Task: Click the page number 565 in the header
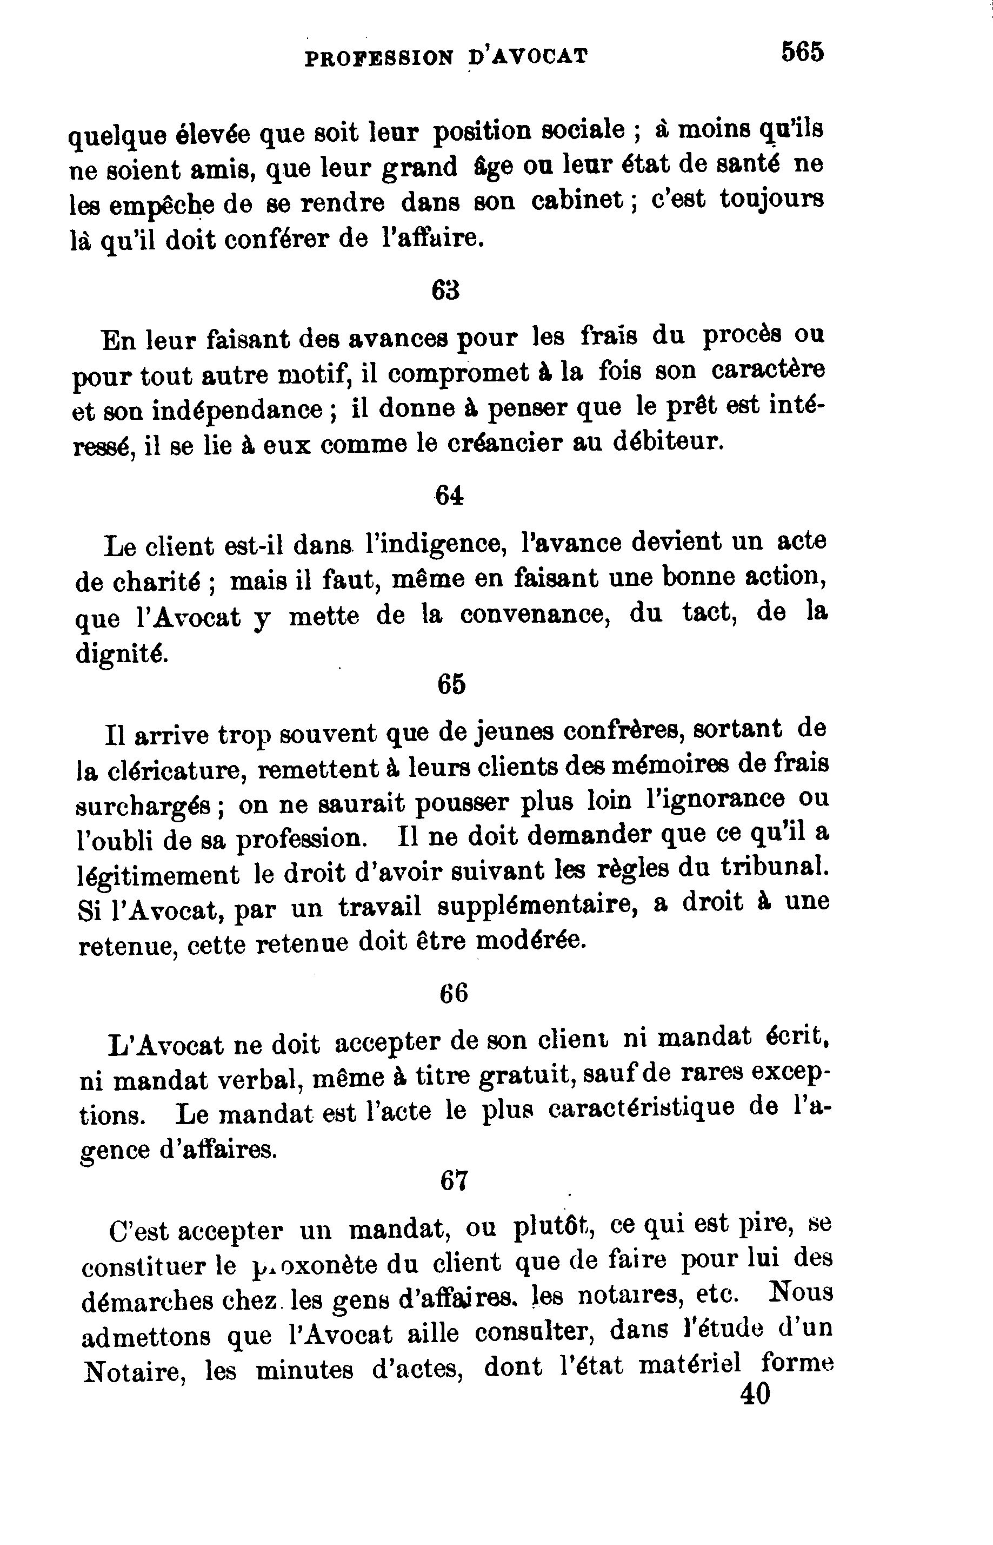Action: click(x=802, y=51)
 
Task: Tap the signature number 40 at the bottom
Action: click(x=755, y=1395)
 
